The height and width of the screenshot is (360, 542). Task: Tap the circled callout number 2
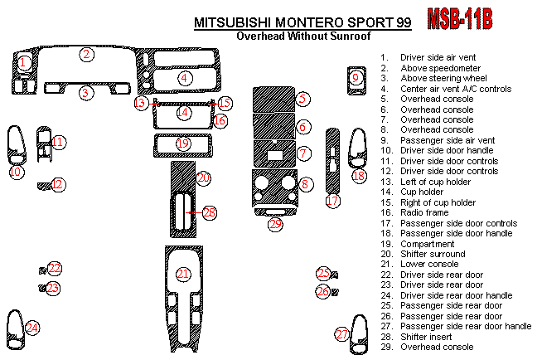tap(86, 55)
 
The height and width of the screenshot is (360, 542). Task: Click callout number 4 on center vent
tap(184, 78)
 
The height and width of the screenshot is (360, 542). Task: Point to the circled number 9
tap(356, 79)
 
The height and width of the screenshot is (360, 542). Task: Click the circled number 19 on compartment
tap(183, 144)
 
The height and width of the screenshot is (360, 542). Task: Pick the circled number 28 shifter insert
tap(209, 213)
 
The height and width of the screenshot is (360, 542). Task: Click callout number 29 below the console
tap(275, 224)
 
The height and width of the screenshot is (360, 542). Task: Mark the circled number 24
tap(31, 328)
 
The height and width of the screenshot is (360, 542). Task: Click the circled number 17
tap(332, 202)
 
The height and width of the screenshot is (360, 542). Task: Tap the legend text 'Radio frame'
tap(423, 213)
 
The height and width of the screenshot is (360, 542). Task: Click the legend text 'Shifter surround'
tap(433, 255)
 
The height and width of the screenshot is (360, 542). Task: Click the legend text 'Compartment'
tap(426, 244)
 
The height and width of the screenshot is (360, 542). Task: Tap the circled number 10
tap(15, 172)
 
